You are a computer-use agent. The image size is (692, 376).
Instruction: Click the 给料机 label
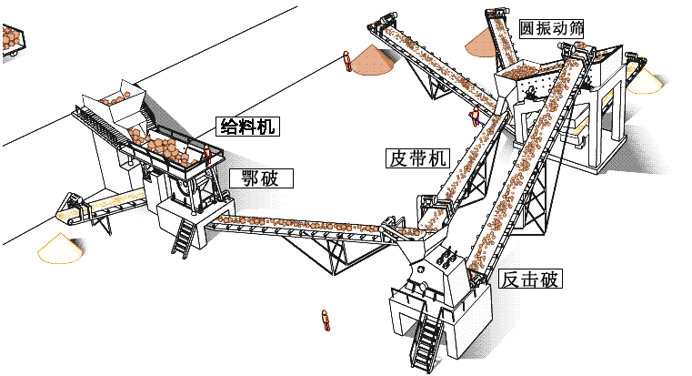(x=246, y=127)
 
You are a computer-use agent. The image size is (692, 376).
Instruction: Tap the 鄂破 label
(x=260, y=178)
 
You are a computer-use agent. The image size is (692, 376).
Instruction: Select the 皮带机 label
(x=416, y=158)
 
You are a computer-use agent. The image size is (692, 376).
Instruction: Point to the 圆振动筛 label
(x=551, y=27)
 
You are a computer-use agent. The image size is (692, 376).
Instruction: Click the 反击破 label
(x=530, y=279)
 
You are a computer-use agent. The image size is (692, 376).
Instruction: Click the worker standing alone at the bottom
(x=325, y=320)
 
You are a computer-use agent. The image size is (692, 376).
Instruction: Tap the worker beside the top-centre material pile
(x=346, y=61)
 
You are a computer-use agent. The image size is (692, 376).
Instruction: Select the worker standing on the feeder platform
(x=207, y=156)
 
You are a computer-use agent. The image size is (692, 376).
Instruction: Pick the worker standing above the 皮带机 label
(x=474, y=119)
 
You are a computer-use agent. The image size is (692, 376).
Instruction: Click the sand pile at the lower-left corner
(x=56, y=248)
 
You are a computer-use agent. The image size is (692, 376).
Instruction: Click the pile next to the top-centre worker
(x=372, y=59)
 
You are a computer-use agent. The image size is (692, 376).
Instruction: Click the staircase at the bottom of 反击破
(x=426, y=340)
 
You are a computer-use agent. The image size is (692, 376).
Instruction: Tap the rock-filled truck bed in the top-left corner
(x=11, y=41)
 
